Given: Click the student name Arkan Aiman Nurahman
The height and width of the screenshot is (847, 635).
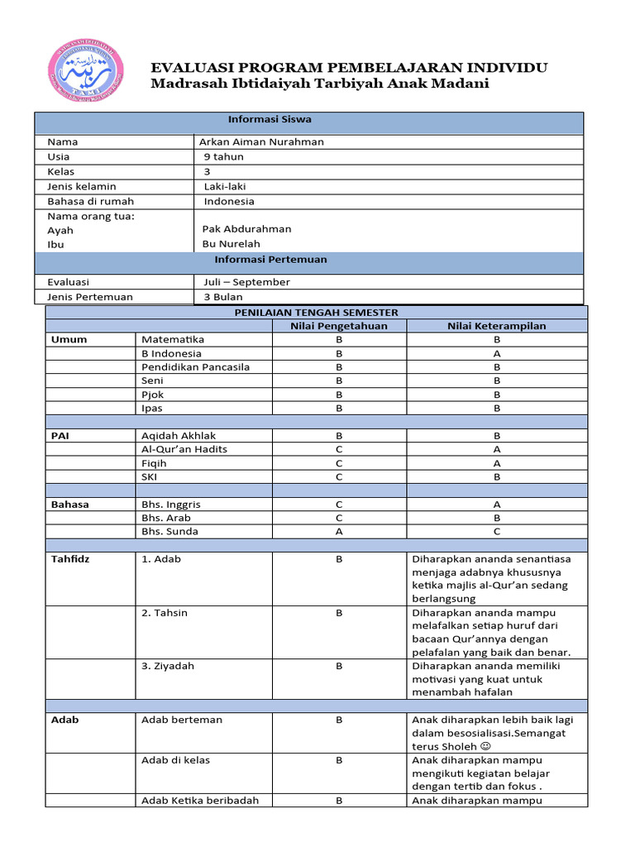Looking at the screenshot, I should [x=261, y=141].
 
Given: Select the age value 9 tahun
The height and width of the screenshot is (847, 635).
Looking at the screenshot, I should [x=223, y=156].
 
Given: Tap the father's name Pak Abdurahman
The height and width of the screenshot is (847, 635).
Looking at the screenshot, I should [x=246, y=229].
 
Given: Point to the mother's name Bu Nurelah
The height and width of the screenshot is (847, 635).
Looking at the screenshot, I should [x=231, y=244].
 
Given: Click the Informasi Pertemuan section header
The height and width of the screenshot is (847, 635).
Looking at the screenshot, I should [x=270, y=260].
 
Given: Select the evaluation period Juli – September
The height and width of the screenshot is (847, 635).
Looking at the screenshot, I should [x=246, y=282].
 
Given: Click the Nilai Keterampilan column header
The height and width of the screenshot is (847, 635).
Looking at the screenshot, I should [x=497, y=326].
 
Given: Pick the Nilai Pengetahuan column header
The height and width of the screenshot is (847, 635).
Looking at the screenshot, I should [x=338, y=326].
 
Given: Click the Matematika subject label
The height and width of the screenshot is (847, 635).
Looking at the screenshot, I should [x=172, y=339].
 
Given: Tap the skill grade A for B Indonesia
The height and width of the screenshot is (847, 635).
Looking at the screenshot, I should [x=497, y=353].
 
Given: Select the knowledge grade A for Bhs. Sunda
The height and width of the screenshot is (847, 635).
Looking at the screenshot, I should [x=338, y=531].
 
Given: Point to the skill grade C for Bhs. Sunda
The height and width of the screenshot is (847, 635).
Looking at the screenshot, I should [x=497, y=531].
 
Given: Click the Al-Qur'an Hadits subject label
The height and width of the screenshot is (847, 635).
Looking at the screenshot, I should [x=184, y=449].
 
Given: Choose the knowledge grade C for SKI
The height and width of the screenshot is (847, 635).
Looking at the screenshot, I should [x=338, y=477].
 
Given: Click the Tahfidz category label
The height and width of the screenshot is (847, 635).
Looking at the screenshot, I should [x=68, y=558].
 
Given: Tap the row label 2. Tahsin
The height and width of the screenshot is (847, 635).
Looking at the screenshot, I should [x=165, y=612].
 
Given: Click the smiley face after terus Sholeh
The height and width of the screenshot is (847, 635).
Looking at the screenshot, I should [x=485, y=746].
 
